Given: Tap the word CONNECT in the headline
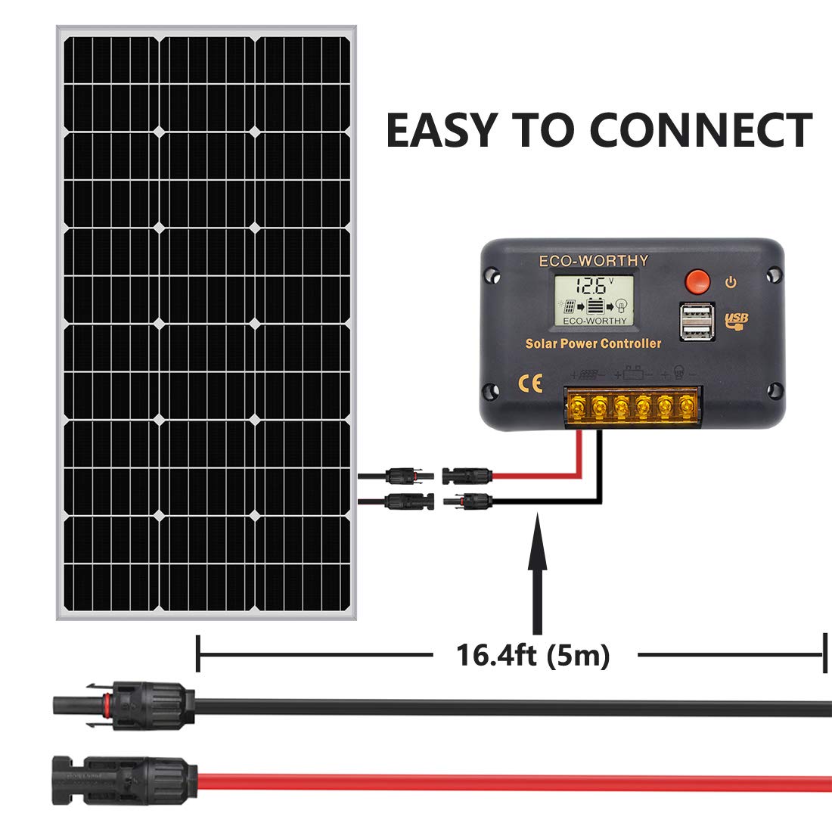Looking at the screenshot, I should pyautogui.click(x=700, y=130).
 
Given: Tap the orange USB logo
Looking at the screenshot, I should pyautogui.click(x=736, y=321).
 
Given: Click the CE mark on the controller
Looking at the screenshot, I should pyautogui.click(x=529, y=383).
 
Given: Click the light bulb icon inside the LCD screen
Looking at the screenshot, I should pyautogui.click(x=622, y=307).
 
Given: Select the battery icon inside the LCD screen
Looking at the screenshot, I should pyautogui.click(x=595, y=307).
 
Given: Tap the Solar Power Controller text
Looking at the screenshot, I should pyautogui.click(x=593, y=344).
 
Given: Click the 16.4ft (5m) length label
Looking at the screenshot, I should pyautogui.click(x=532, y=655).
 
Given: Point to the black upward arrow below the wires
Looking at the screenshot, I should pyautogui.click(x=537, y=575).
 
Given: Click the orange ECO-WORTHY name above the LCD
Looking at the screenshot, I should pyautogui.click(x=593, y=261).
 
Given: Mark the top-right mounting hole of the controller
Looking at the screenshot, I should pyautogui.click(x=772, y=275).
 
